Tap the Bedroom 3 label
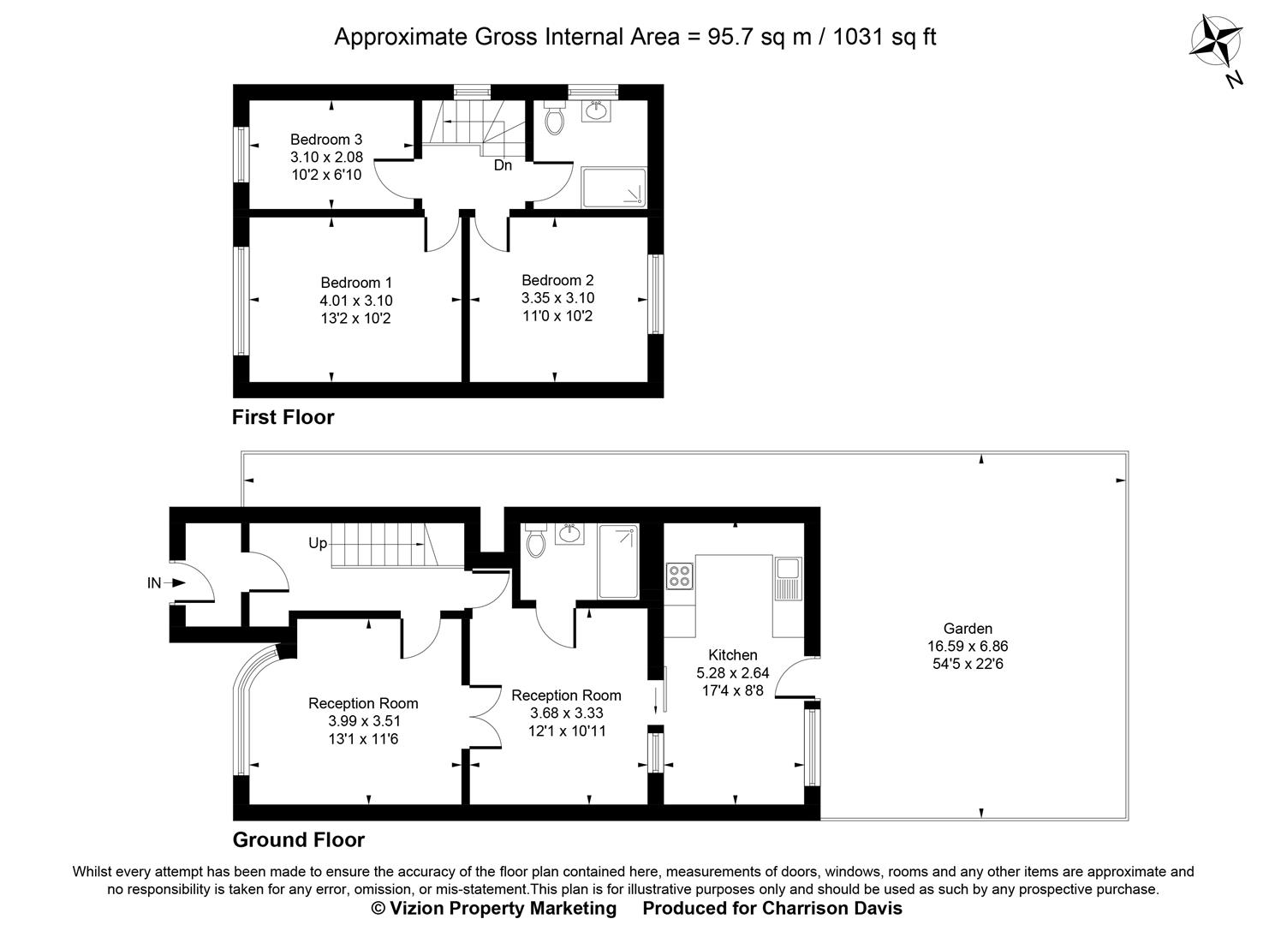(x=325, y=140)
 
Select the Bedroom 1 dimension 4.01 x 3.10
(x=355, y=301)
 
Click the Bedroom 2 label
(x=557, y=280)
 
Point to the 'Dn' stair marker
(x=503, y=165)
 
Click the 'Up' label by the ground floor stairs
(x=318, y=543)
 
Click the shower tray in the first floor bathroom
(x=614, y=188)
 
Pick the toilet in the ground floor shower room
(x=537, y=542)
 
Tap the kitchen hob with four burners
(x=680, y=575)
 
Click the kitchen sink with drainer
(x=787, y=578)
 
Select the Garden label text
(x=967, y=629)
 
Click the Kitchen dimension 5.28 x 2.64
(x=733, y=673)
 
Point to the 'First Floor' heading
(x=283, y=417)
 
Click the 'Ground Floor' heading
(x=299, y=839)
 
